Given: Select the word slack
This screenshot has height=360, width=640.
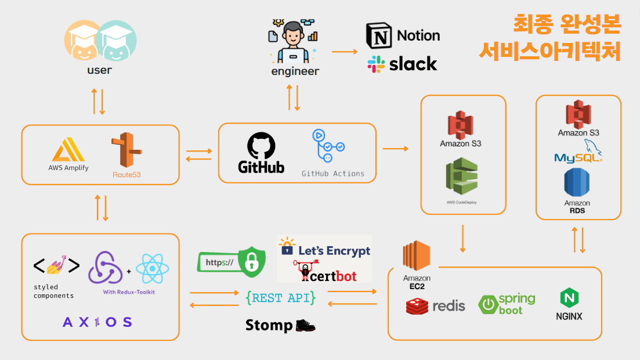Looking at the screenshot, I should (x=413, y=64).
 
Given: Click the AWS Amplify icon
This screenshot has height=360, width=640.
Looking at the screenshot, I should (x=68, y=149).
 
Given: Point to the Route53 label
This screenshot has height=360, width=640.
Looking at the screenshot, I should (x=127, y=174).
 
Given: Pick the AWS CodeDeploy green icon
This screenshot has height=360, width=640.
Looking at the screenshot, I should (x=461, y=178).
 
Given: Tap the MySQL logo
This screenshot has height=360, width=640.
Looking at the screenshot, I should (x=577, y=152).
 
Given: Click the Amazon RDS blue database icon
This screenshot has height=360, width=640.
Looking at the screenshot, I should (x=577, y=183).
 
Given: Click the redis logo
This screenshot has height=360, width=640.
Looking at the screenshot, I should (x=435, y=305).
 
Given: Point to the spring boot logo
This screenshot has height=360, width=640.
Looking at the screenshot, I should (x=507, y=304).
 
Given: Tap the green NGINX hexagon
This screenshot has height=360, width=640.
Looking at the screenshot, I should (x=568, y=298).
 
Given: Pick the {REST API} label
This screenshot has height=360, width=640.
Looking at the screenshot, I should (x=281, y=298).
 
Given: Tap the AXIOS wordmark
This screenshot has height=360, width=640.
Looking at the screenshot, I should (x=97, y=322).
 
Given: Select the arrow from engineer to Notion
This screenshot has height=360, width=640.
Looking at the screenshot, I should (x=345, y=52).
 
